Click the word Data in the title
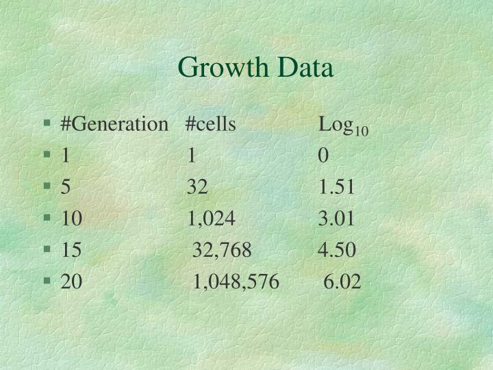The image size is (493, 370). [x=305, y=68]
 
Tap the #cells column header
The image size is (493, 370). [x=211, y=125]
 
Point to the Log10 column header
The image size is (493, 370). [x=343, y=126]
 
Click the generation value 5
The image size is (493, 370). [x=66, y=188]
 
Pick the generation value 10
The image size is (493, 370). [x=71, y=219]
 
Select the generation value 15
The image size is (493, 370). [x=71, y=250]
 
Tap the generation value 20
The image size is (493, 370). [x=71, y=282]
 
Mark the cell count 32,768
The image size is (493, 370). [x=223, y=250]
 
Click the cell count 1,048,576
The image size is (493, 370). [x=236, y=282]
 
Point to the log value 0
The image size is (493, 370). [x=323, y=156]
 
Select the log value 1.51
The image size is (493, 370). [x=337, y=188]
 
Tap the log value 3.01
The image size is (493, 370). [x=337, y=219]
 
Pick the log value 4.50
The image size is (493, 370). [x=337, y=250]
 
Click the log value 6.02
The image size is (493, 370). [x=342, y=282]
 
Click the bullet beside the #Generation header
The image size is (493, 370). [x=47, y=125]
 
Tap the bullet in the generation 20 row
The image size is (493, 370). [x=47, y=281]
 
